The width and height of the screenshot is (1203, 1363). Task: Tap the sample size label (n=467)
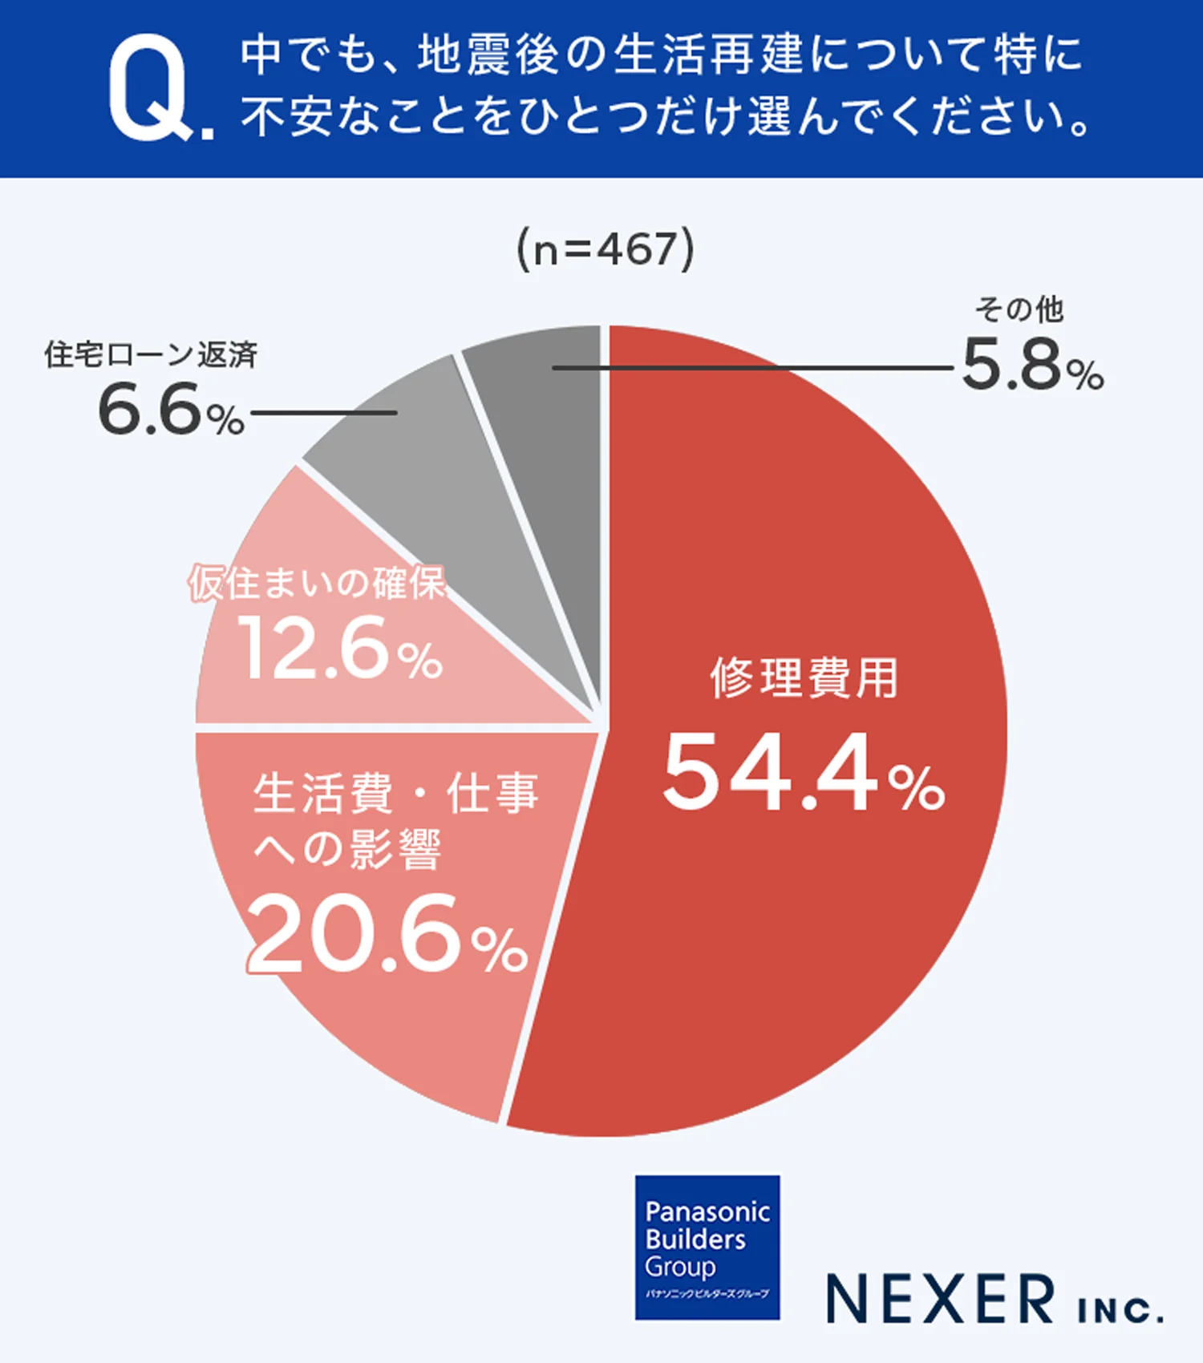tap(605, 249)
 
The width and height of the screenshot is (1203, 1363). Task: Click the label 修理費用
tap(804, 677)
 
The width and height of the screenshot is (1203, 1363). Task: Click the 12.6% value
tap(340, 649)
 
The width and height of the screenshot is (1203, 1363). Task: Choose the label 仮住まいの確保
tap(318, 583)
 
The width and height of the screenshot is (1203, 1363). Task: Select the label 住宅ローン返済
tap(151, 354)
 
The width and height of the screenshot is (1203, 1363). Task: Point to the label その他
tap(1019, 309)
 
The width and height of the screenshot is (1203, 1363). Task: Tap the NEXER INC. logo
tap(994, 1299)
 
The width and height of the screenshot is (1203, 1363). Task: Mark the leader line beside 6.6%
tap(324, 413)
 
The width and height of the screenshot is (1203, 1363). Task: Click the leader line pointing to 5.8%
tap(754, 368)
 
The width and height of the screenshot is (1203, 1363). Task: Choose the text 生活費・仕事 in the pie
tap(395, 794)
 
